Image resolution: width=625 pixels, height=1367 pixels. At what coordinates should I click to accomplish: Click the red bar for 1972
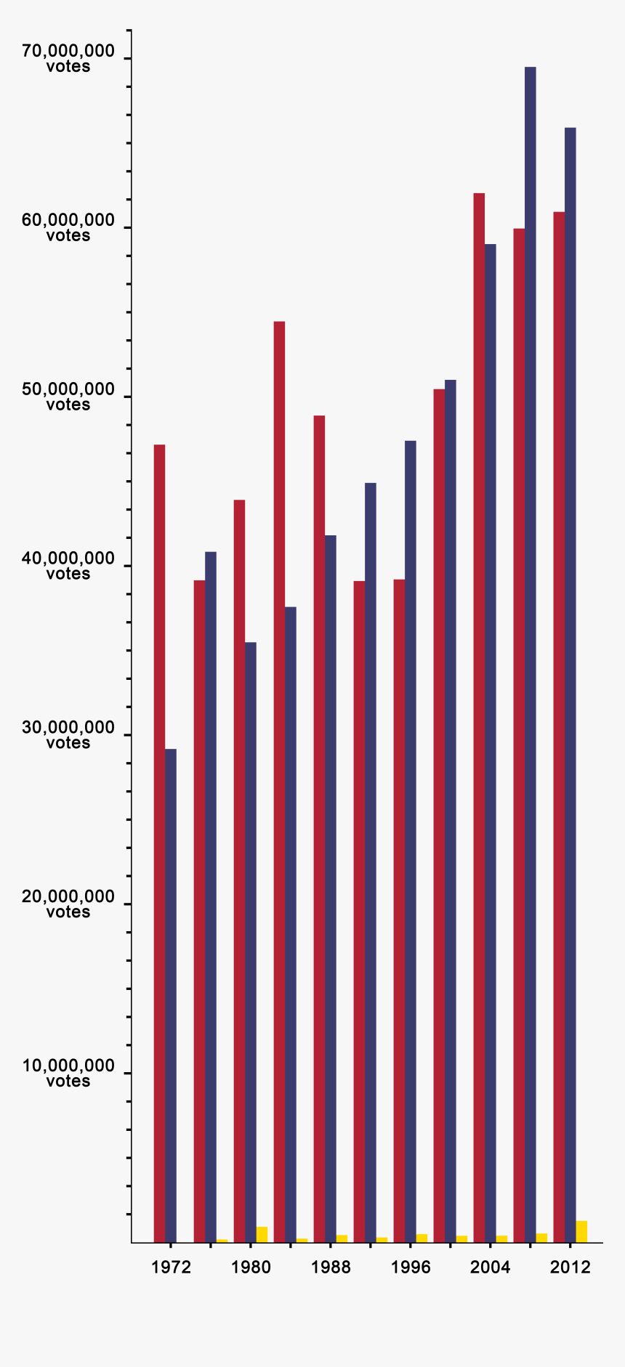point(159,843)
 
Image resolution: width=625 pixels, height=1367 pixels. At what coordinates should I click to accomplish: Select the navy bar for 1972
point(171,995)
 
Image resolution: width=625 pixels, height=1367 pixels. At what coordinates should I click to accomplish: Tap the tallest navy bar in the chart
point(531,654)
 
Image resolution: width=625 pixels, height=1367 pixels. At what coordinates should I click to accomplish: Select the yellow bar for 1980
point(262,1234)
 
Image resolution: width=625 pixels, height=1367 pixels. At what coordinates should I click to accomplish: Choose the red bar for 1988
point(319,828)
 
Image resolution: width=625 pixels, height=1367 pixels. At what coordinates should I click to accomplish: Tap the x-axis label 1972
point(171,1267)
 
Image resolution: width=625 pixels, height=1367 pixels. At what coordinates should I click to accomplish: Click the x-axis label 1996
point(411,1267)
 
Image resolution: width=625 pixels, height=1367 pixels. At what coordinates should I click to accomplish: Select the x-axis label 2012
point(570,1267)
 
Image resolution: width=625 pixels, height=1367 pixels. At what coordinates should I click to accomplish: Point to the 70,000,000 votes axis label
point(68,58)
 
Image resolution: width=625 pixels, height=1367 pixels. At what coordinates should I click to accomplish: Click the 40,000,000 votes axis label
point(68,566)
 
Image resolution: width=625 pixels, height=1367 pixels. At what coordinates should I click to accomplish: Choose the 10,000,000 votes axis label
point(68,1073)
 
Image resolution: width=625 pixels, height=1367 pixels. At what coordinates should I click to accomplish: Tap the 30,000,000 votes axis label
point(68,734)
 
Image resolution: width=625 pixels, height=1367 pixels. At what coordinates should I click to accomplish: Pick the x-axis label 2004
point(491,1267)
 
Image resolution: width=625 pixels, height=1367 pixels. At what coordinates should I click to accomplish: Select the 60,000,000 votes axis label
point(68,227)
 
